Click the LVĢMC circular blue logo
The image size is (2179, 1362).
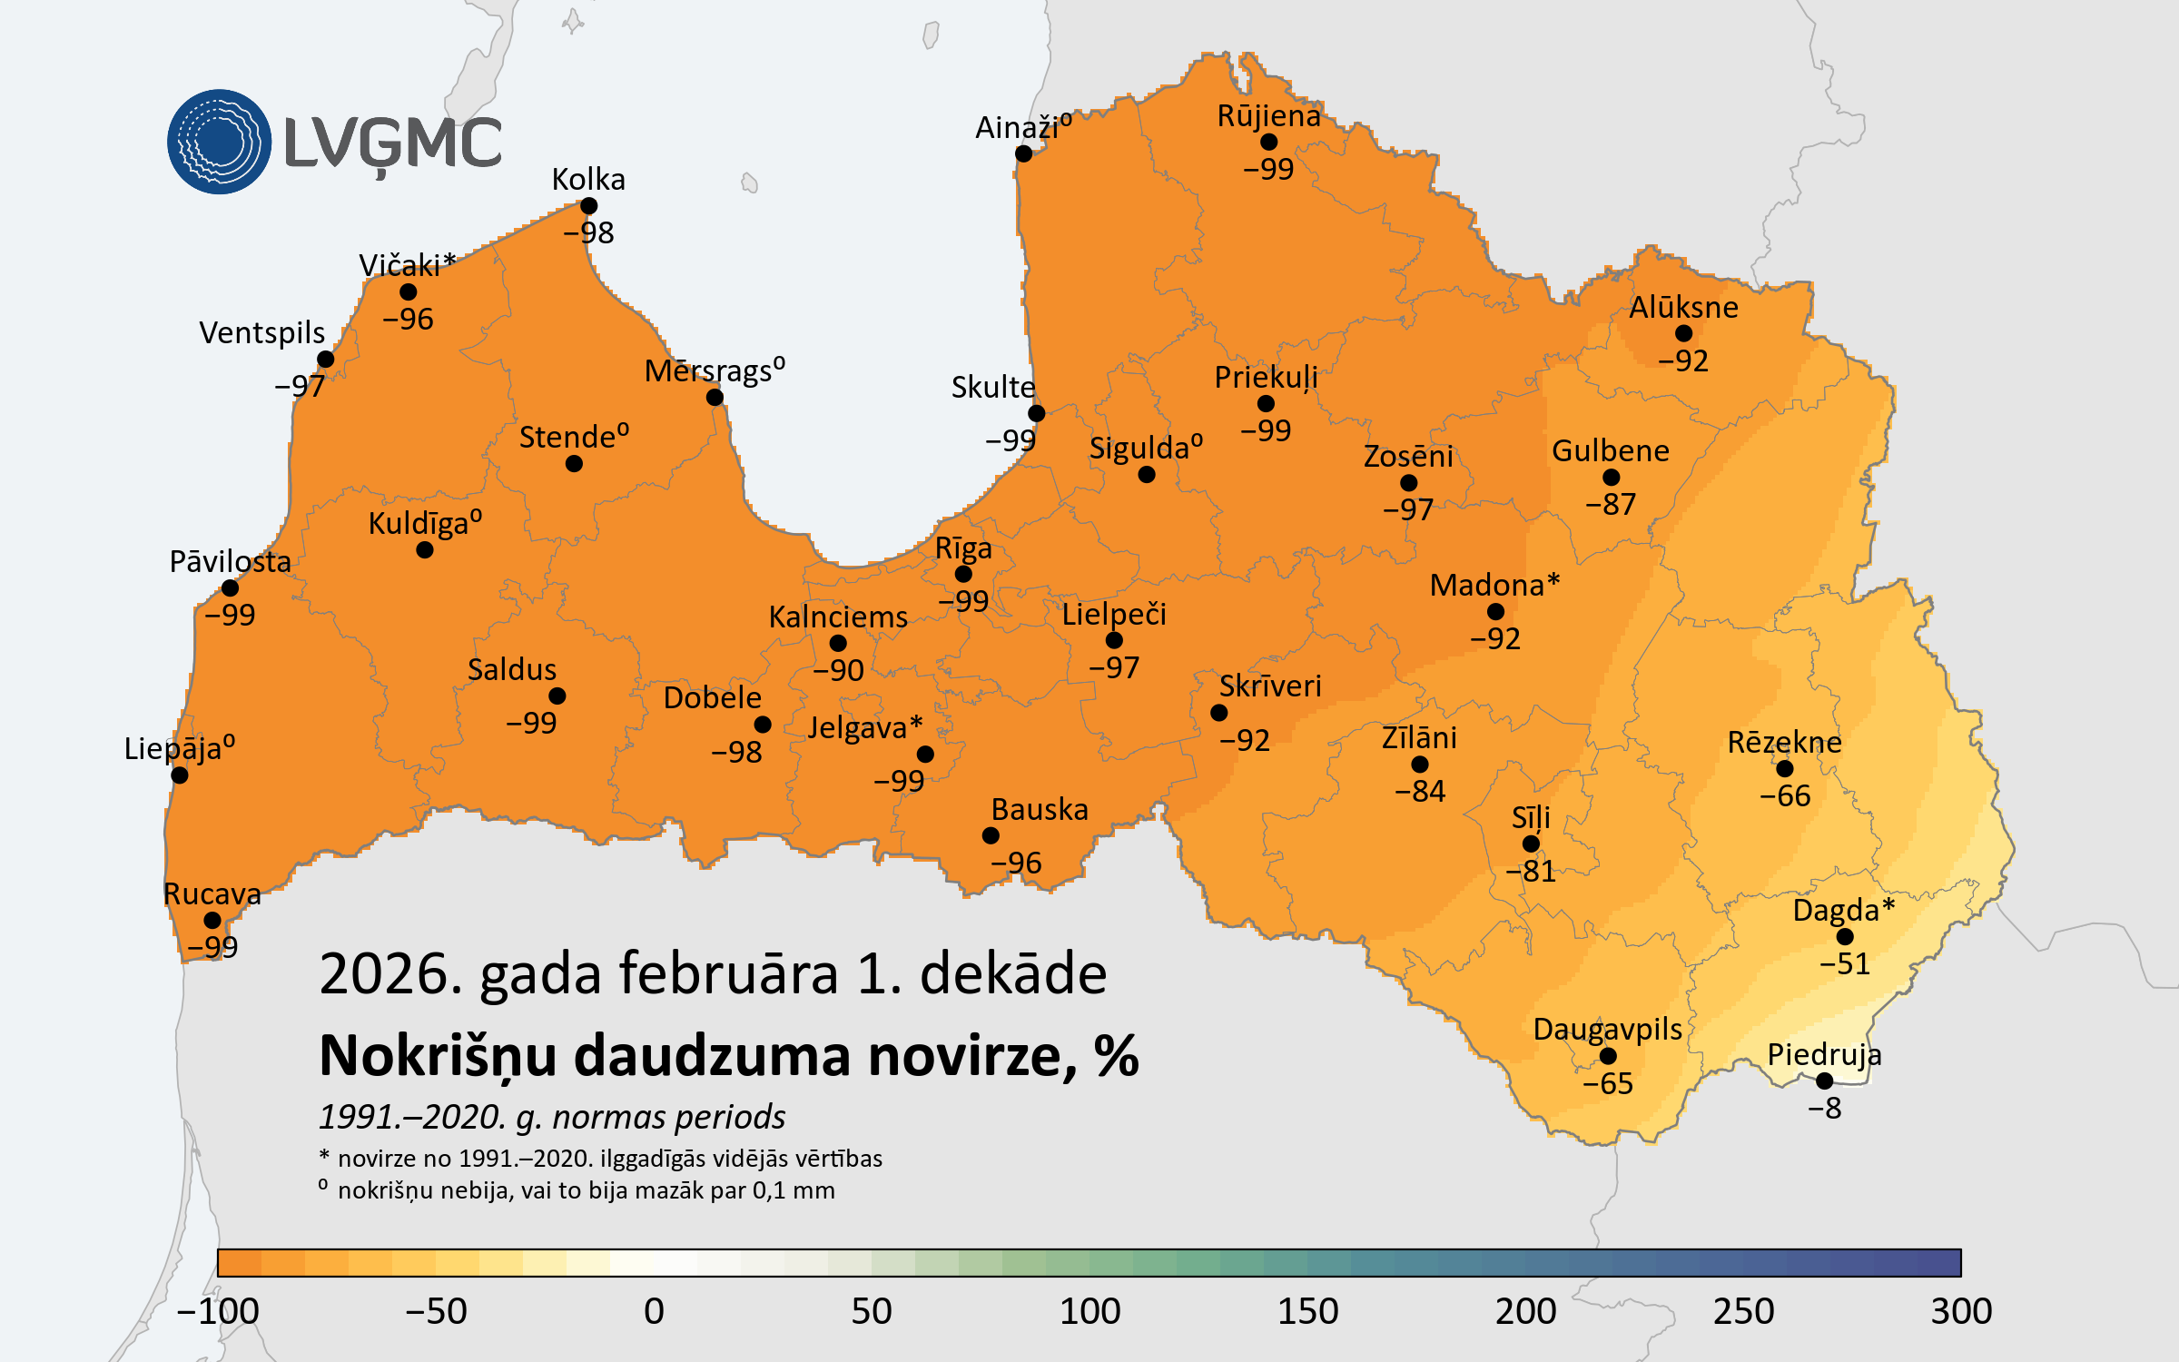point(219,142)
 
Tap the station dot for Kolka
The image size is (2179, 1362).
point(588,206)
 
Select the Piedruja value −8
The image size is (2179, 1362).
point(1824,1108)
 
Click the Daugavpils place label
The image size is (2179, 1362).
point(1607,1029)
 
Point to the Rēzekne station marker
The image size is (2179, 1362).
point(1785,769)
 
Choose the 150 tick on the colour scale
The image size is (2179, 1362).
point(1307,1311)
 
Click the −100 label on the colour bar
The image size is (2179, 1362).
point(218,1311)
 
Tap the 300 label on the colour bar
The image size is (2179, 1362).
point(1961,1311)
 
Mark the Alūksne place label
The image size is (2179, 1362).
point(1683,307)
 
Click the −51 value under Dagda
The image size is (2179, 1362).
point(1845,963)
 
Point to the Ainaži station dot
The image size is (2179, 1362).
point(1023,153)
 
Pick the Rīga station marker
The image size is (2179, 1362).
point(963,574)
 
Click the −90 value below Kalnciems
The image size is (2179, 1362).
point(838,670)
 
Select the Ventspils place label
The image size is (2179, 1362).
point(261,332)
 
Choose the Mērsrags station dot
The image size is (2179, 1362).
point(715,397)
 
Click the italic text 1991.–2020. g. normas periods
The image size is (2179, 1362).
point(552,1117)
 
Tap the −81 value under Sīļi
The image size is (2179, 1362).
point(1531,871)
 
